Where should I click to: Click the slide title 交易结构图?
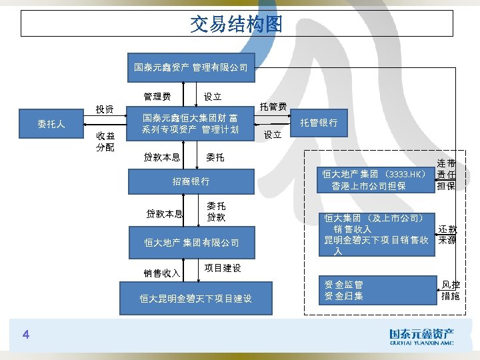pos(237,25)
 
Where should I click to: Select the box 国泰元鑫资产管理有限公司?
pos(191,67)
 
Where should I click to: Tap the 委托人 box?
pos(51,123)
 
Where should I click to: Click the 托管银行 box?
pos(319,123)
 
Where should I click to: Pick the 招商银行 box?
pos(191,181)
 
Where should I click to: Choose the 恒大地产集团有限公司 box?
pos(192,243)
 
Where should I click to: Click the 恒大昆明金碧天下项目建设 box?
pos(195,299)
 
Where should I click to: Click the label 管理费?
pos(157,97)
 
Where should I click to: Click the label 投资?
pos(104,109)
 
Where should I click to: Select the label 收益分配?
pos(105,141)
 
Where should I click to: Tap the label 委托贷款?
pos(215,212)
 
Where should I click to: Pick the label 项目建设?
pos(222,268)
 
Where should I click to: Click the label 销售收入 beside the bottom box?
pos(162,273)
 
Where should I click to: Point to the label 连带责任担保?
pos(446,174)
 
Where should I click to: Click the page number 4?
pos(25,333)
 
